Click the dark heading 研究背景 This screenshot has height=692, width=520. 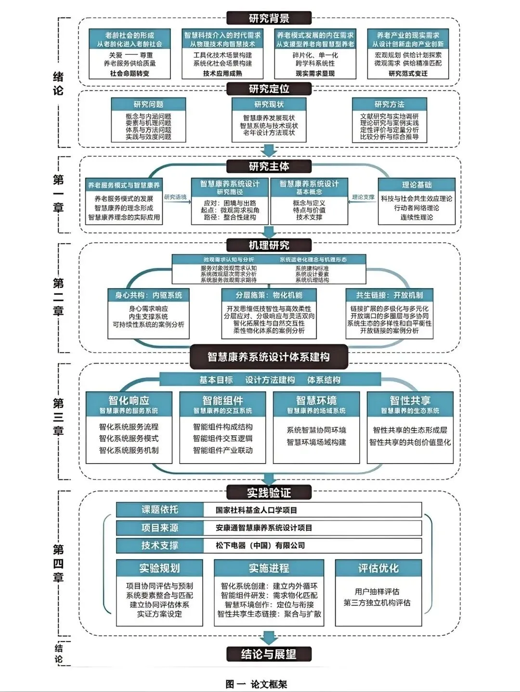pyautogui.click(x=269, y=18)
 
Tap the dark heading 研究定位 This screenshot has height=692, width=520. pyautogui.click(x=269, y=89)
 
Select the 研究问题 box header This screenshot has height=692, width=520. pyautogui.click(x=148, y=104)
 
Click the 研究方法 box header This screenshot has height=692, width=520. pyautogui.click(x=389, y=104)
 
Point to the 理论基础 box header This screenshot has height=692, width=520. pyautogui.click(x=416, y=185)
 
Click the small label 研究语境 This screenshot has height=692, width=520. pyautogui.click(x=175, y=197)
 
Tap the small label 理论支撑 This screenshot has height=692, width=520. pyautogui.click(x=363, y=197)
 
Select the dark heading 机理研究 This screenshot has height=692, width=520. pyautogui.click(x=269, y=245)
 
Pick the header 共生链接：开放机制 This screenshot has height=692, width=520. pyautogui.click(x=389, y=295)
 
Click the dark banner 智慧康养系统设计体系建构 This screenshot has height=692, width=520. pyautogui.click(x=269, y=357)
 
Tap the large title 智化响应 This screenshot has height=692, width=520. pyautogui.click(x=129, y=401)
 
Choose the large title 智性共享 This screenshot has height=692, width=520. pyautogui.click(x=410, y=401)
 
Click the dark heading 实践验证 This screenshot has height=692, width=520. pyautogui.click(x=269, y=492)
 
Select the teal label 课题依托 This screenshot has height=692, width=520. pyautogui.click(x=159, y=510)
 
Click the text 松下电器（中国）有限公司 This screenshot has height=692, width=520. pyautogui.click(x=260, y=546)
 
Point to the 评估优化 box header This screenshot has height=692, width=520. pyautogui.click(x=378, y=568)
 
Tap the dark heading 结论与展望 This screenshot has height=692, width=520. pyautogui.click(x=269, y=654)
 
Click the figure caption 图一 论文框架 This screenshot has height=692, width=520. pyautogui.click(x=256, y=684)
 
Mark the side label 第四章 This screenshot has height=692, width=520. pyautogui.click(x=58, y=563)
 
